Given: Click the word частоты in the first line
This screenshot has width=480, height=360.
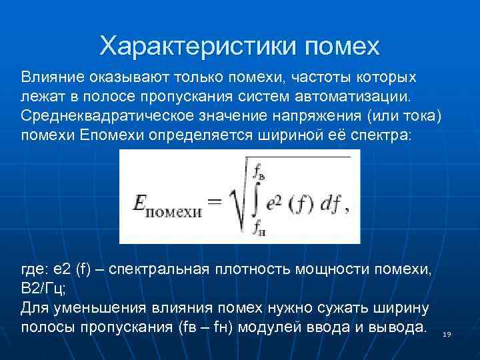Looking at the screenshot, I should point(307,77).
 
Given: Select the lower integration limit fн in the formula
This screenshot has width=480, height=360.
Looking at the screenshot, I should point(259,231).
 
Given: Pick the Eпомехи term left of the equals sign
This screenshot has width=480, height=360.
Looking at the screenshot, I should point(167,205).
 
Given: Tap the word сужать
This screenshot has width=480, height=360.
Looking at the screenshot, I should point(356,309).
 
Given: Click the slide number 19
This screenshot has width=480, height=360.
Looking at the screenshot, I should point(447,333).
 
